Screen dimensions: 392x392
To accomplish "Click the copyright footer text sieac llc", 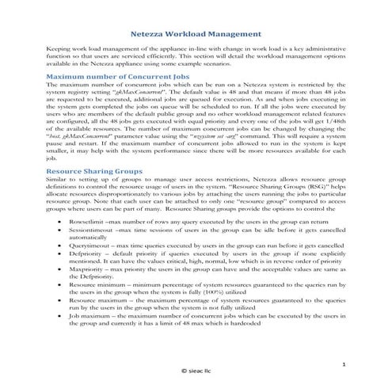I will click(x=196, y=370).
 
